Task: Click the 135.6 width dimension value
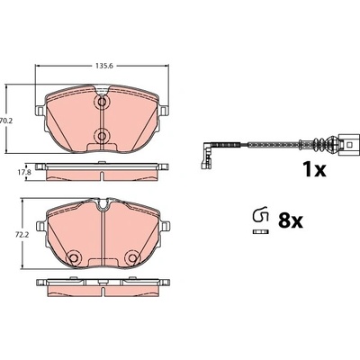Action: point(104,66)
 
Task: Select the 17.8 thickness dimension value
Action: point(19,173)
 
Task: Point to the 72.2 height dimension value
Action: point(14,235)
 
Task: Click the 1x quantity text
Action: point(314,170)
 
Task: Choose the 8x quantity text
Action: point(291,221)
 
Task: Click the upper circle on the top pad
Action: point(102,103)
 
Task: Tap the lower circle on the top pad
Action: point(102,135)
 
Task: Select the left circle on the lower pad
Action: point(73,257)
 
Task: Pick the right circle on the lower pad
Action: point(131,257)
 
